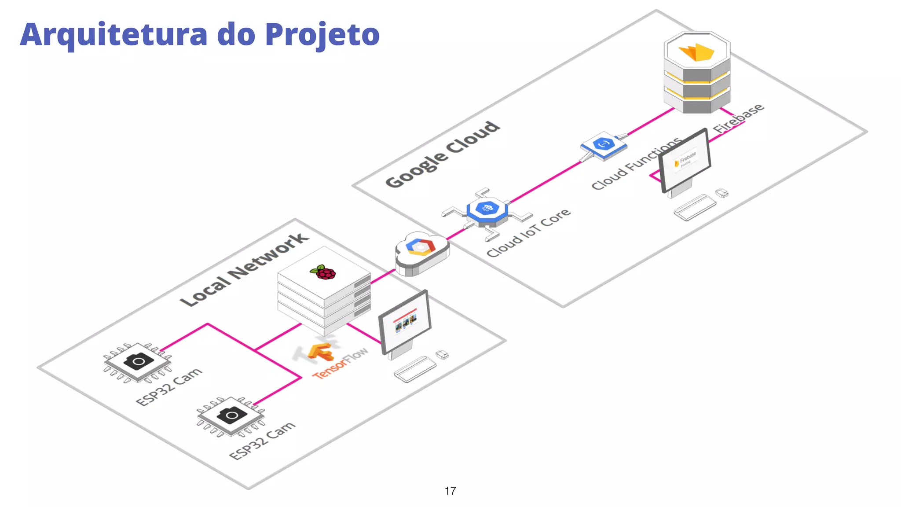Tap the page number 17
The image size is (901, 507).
tap(450, 491)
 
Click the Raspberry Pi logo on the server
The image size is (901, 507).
tap(324, 272)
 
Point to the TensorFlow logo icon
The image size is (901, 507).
tap(320, 352)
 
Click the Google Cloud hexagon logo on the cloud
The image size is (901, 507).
tap(421, 247)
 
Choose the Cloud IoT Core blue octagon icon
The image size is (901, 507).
tap(487, 209)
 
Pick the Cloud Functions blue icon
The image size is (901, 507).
tap(604, 144)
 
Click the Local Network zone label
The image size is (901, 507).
tap(245, 270)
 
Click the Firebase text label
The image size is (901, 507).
tap(739, 118)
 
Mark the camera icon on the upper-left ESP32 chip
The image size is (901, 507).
tap(139, 361)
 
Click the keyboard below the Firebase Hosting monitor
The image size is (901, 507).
tap(695, 207)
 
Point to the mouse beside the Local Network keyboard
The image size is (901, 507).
tap(442, 354)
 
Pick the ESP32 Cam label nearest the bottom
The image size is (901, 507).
tap(263, 441)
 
